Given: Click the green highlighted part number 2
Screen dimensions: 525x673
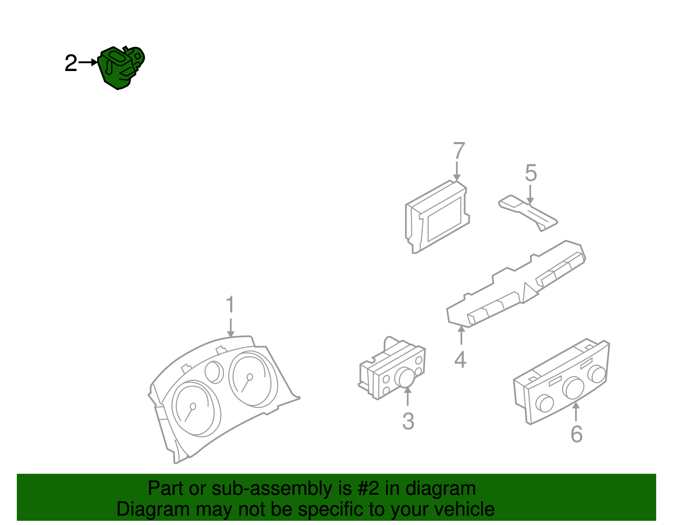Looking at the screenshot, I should (x=121, y=67).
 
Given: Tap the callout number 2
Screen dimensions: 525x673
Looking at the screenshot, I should (x=71, y=63).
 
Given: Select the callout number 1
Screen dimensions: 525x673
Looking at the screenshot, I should (x=230, y=304).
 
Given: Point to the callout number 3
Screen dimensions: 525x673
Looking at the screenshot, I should (x=408, y=421).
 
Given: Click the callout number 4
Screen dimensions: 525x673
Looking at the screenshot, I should (x=461, y=360).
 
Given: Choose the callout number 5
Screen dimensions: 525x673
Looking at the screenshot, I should (x=531, y=173).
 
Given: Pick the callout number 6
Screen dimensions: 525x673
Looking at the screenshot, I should (x=577, y=434).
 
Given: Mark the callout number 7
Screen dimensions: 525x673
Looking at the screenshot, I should (x=459, y=151).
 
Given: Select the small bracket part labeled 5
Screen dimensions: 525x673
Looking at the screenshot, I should (x=527, y=211).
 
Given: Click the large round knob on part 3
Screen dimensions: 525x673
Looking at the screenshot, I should (x=405, y=377).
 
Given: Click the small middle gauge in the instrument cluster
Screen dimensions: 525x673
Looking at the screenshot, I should (x=215, y=372).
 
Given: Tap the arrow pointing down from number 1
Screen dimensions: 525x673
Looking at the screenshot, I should (x=230, y=327).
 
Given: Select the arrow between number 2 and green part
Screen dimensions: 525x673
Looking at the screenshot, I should (x=88, y=63).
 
